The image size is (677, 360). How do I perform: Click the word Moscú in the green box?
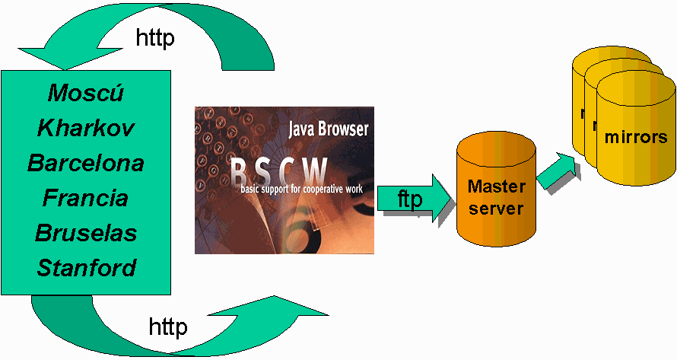(x=86, y=93)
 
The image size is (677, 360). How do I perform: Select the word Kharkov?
(x=86, y=128)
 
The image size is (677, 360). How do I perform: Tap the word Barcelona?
(x=86, y=163)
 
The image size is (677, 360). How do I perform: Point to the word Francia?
(x=86, y=198)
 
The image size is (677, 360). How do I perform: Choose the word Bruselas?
(x=86, y=233)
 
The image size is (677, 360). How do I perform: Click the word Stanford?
(x=86, y=268)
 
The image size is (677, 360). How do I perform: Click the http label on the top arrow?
(x=155, y=38)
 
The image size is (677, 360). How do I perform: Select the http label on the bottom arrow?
(x=168, y=328)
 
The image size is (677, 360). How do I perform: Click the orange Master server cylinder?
(x=495, y=190)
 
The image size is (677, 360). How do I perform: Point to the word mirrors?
(x=635, y=138)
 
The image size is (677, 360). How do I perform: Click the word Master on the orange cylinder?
(x=495, y=186)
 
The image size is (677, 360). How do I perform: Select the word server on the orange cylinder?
(x=495, y=208)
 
